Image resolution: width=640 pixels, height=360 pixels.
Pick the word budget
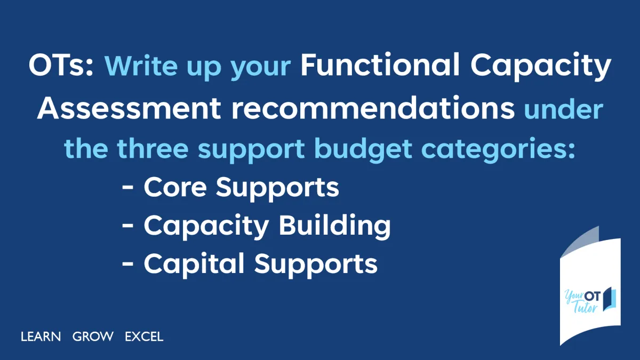click(363, 149)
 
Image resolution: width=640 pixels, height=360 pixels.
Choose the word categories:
click(499, 149)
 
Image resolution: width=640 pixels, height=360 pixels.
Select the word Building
click(334, 226)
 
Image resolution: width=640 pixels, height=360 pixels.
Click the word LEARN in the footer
click(41, 337)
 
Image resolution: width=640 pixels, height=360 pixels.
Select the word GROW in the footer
click(93, 337)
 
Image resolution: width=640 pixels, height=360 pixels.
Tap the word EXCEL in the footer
click(144, 337)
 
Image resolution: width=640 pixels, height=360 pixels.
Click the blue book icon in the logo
click(609, 298)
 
